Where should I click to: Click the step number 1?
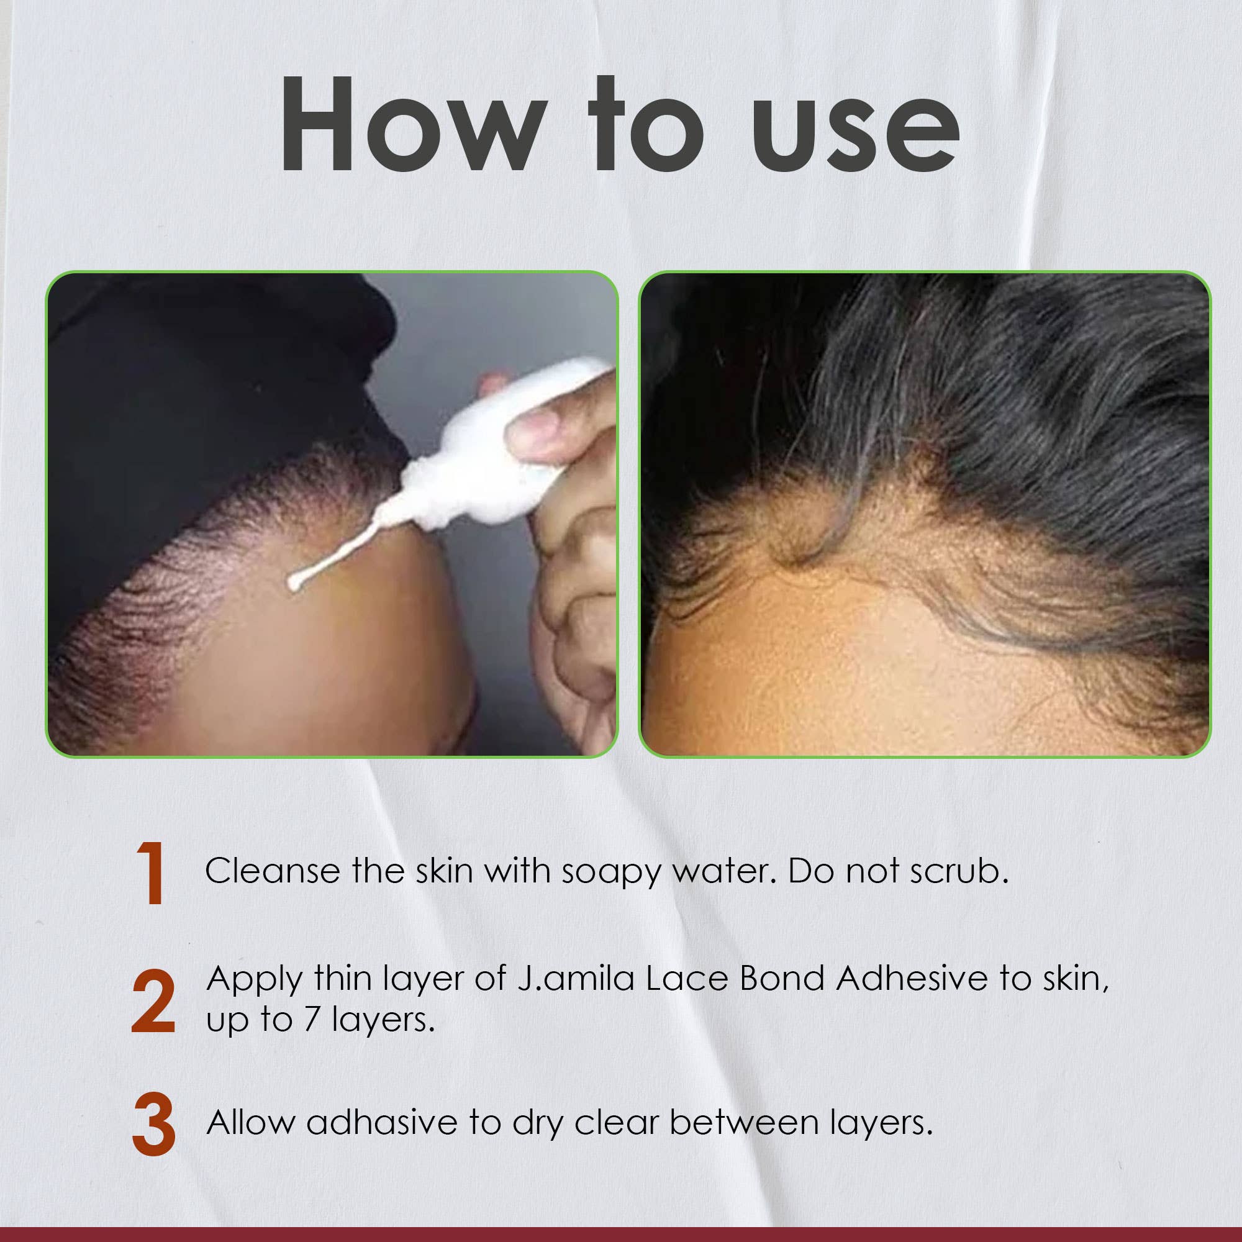(152, 874)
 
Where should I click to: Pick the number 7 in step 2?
(312, 1021)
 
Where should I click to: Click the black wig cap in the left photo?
(193, 386)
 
